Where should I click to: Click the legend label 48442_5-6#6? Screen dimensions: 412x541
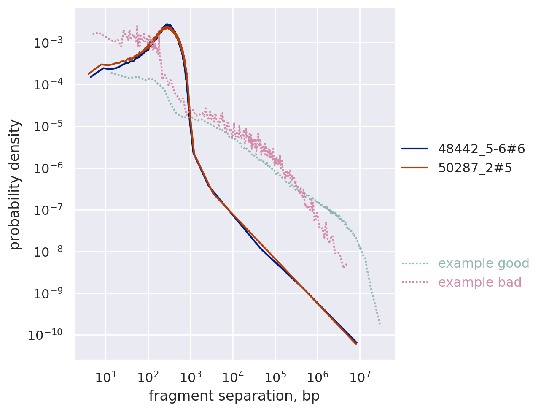482,149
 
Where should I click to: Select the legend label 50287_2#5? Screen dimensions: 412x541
475,168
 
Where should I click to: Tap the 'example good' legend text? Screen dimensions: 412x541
483,263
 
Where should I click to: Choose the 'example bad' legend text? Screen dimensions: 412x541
479,282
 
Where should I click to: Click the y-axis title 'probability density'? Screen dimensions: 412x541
15,184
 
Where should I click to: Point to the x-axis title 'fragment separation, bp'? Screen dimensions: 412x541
234,396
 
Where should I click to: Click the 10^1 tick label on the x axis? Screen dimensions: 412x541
105,377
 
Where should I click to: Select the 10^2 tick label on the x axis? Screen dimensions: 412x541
148,377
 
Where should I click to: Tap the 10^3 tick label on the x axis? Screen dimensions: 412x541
190,377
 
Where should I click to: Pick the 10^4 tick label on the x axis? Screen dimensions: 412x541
233,377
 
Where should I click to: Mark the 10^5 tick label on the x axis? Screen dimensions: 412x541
275,377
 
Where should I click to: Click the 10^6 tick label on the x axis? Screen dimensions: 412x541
318,377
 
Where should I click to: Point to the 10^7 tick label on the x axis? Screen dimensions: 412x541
360,377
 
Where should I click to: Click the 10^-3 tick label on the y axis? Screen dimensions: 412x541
48,43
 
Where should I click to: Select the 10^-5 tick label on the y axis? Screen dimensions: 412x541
48,126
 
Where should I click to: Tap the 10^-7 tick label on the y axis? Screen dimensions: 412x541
48,210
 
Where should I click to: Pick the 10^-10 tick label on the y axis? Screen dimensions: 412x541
46,335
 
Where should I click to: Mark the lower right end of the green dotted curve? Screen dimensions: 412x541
380,325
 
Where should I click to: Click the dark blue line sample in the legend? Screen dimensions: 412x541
414,149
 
